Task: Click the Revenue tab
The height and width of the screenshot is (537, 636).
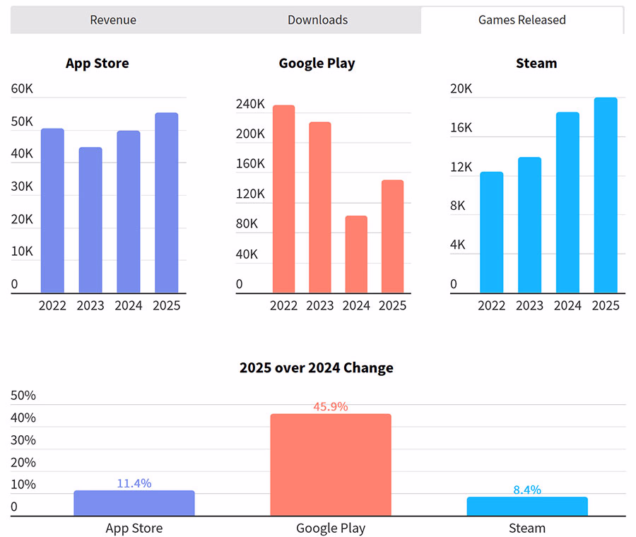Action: [113, 20]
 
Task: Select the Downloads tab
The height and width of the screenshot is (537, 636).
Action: [317, 20]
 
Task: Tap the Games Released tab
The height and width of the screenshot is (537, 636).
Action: [522, 20]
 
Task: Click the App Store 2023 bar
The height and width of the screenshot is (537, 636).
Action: [90, 220]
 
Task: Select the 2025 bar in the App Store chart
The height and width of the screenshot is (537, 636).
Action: [166, 203]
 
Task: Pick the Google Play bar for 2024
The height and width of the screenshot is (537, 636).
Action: [356, 254]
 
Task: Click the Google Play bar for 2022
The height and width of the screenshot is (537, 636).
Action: [283, 199]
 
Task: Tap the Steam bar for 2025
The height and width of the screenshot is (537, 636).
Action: [606, 195]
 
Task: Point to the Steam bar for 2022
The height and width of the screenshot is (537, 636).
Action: [492, 232]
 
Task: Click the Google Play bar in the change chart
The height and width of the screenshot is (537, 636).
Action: [331, 465]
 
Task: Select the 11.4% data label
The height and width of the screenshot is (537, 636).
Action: [134, 483]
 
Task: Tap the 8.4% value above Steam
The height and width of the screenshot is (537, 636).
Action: [527, 490]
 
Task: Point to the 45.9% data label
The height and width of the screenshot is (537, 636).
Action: [331, 407]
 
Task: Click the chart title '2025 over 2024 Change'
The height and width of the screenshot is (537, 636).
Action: [317, 368]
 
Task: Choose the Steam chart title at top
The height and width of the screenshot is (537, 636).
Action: [536, 64]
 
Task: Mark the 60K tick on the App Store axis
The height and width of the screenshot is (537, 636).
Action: [23, 89]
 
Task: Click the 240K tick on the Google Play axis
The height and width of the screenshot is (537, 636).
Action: [250, 104]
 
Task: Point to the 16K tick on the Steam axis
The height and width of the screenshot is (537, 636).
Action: [461, 128]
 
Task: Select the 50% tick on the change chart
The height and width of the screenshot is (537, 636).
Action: [23, 396]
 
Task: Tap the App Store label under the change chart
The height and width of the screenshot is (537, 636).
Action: [134, 528]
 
